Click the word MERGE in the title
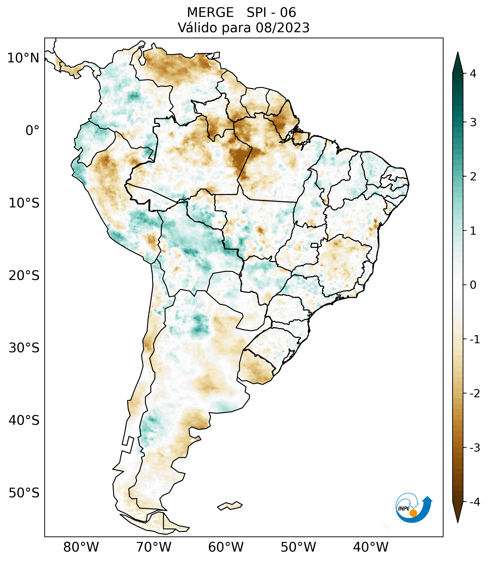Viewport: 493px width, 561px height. [210, 13]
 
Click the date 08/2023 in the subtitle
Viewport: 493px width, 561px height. [282, 28]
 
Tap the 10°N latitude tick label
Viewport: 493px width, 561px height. [23, 58]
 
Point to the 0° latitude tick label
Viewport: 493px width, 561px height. [32, 131]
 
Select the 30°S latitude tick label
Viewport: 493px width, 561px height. [24, 348]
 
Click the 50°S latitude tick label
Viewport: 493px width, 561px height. [24, 493]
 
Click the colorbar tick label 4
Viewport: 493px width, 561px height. [473, 74]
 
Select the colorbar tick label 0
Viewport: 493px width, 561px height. [473, 285]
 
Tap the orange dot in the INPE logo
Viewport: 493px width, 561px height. [413, 513]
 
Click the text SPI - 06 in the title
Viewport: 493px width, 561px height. [271, 13]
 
